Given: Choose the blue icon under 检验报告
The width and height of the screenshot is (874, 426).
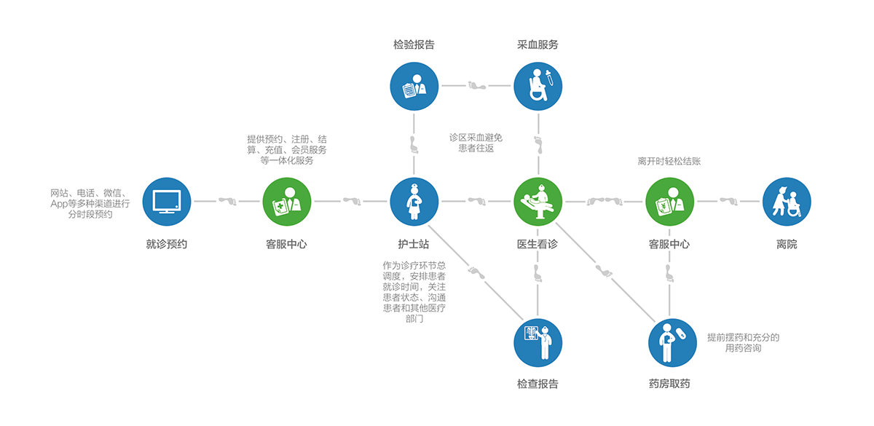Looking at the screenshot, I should point(414,85).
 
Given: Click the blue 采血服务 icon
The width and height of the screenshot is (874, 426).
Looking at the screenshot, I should point(538,85).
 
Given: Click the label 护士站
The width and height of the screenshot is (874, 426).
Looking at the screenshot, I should point(414,245).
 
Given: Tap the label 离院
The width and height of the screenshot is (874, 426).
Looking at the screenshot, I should point(787,245).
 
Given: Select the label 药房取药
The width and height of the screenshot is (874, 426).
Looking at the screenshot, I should point(669,384).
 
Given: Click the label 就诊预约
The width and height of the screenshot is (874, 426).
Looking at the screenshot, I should point(167,245).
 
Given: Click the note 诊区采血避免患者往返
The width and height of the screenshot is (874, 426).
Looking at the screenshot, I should point(476,143).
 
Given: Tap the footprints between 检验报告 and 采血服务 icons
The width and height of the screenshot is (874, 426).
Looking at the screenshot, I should point(476,85).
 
